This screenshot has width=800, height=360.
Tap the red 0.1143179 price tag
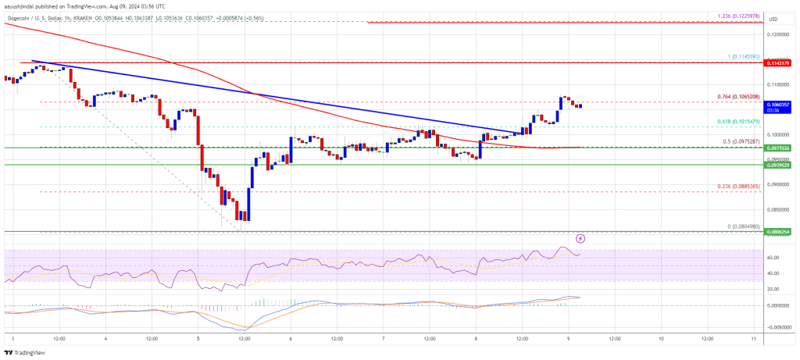pyautogui.click(x=780, y=62)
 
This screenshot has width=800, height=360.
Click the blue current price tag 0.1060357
pyautogui.click(x=780, y=103)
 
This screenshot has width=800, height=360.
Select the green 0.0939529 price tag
pyautogui.click(x=780, y=165)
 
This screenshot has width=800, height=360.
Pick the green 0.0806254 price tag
pyautogui.click(x=780, y=232)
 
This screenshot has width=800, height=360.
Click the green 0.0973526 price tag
pyautogui.click(x=780, y=148)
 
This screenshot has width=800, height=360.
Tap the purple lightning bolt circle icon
pyautogui.click(x=580, y=237)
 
